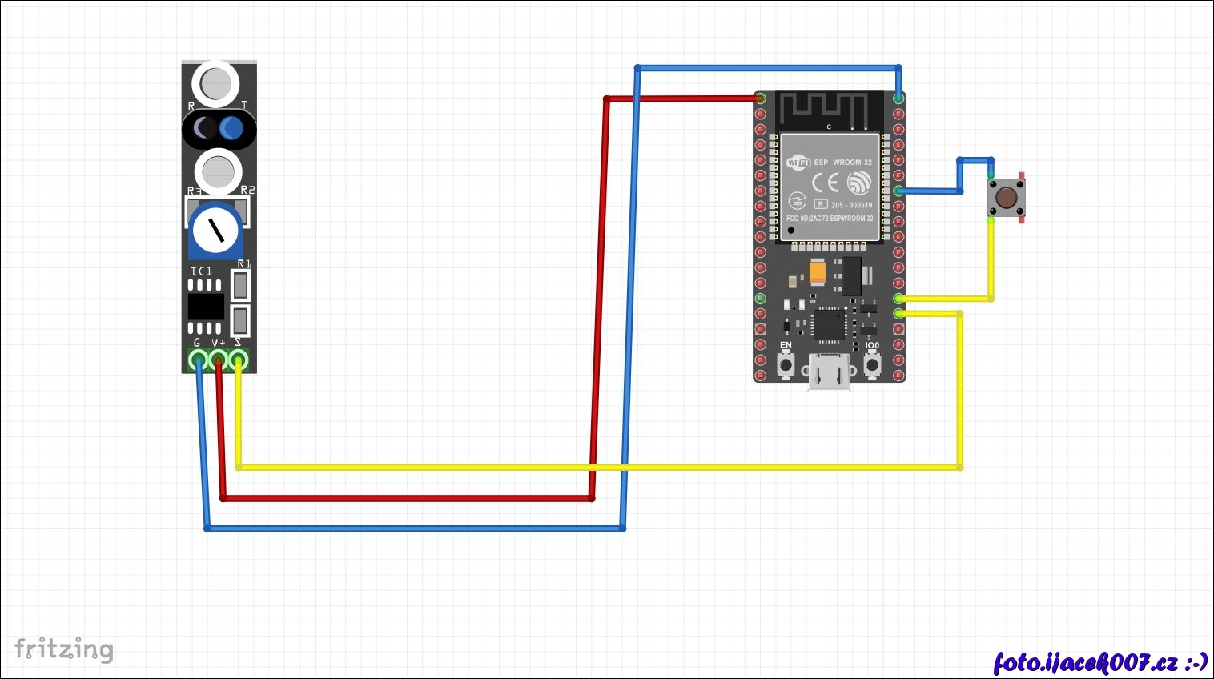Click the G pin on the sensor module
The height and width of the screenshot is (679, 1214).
(198, 360)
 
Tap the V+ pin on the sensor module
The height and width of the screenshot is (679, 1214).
(218, 360)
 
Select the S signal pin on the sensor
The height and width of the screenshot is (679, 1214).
(239, 360)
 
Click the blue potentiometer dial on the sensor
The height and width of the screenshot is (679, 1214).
(216, 230)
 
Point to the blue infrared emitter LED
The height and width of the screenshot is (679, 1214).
(232, 128)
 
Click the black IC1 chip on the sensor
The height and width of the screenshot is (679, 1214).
(206, 307)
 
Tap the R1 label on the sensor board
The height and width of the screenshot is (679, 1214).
(244, 264)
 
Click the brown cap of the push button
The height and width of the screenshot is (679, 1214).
(1006, 197)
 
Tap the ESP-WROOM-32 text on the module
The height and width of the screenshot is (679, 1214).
(842, 163)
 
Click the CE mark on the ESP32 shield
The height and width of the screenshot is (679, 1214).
(825, 183)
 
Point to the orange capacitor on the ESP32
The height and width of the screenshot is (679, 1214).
(817, 272)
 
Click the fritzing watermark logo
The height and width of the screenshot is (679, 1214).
(64, 649)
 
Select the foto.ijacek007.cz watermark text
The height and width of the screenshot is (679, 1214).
(1100, 662)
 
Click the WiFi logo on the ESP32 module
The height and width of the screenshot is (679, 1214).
(798, 163)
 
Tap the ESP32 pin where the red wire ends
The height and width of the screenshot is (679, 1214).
(760, 98)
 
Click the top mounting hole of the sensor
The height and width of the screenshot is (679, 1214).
(215, 83)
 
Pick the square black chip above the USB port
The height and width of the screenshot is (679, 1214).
(827, 325)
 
